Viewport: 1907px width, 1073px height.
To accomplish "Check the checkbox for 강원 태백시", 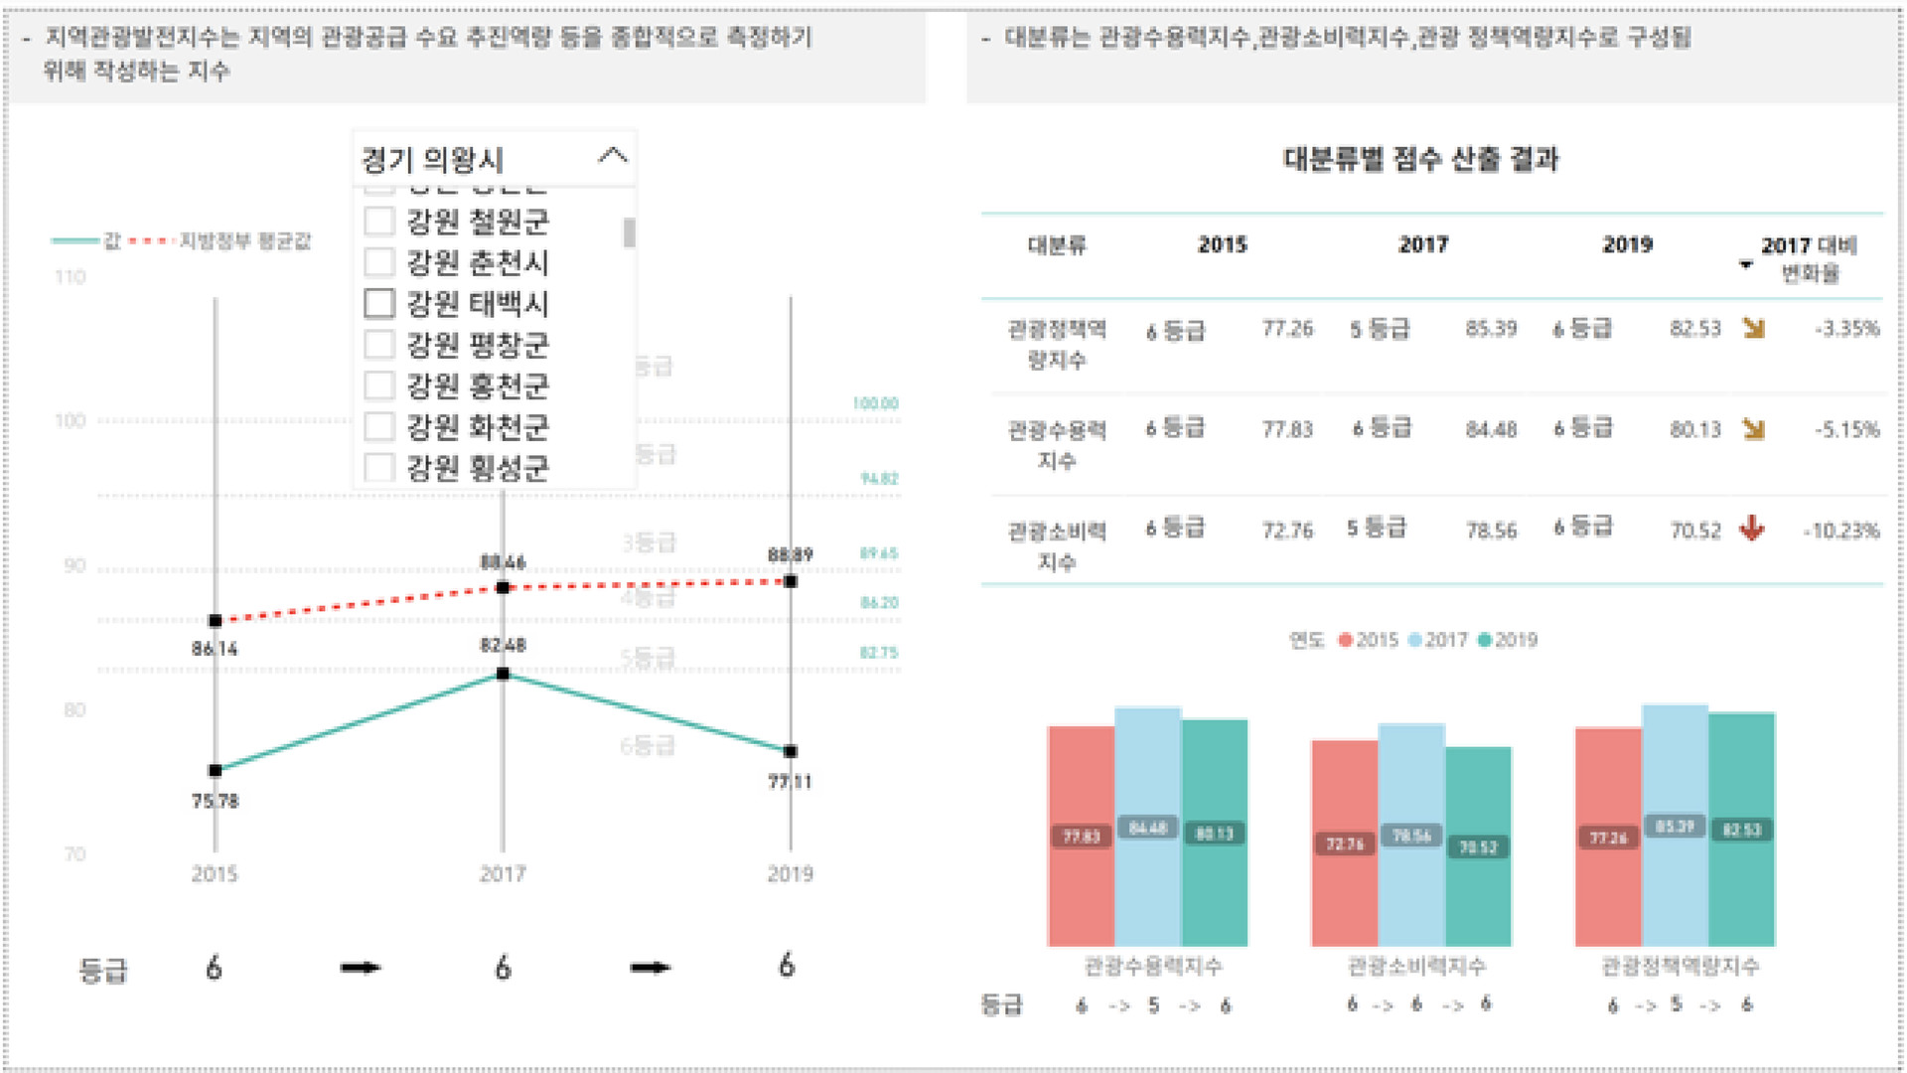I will [x=379, y=303].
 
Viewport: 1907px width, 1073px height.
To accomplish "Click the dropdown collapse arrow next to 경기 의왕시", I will [x=613, y=156].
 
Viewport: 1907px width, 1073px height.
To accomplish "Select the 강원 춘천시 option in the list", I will [x=477, y=262].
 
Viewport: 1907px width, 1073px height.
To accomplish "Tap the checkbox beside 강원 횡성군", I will [x=379, y=467].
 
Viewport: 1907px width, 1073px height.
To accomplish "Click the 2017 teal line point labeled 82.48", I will [x=503, y=674].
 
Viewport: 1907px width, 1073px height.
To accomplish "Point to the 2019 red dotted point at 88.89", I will [x=791, y=581].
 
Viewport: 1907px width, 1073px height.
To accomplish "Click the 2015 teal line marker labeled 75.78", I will [x=215, y=770].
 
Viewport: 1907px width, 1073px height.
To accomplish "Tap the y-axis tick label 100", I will [x=71, y=420].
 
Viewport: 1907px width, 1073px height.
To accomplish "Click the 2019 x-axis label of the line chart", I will [x=790, y=873].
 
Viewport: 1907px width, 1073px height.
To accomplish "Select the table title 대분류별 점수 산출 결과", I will [x=1420, y=159].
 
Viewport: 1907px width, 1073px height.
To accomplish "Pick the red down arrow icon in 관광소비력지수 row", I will [x=1752, y=529].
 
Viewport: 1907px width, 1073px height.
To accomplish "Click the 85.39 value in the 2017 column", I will [x=1491, y=329].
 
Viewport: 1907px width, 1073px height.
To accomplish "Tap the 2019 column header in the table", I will [x=1627, y=244].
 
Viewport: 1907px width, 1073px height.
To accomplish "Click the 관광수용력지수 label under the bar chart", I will [x=1152, y=966].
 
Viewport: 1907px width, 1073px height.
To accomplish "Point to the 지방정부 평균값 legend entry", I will [x=243, y=241].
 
